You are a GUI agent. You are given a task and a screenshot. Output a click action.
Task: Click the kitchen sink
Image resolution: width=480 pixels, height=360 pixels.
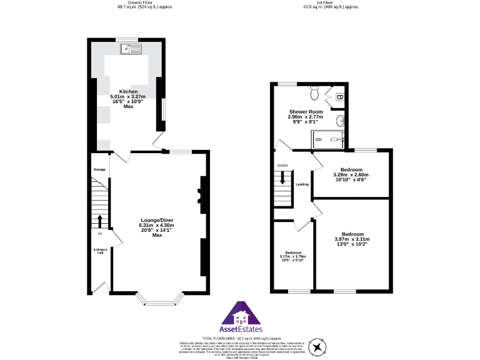point(131,47)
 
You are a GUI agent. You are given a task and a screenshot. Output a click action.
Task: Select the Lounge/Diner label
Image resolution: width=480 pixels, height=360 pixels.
point(156,220)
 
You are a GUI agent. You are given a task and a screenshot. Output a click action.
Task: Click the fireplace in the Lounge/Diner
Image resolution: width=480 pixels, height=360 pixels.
point(200,191)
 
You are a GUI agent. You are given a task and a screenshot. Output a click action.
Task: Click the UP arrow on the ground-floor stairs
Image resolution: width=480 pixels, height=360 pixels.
point(99,222)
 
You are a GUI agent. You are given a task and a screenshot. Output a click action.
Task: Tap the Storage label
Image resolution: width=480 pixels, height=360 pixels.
point(99,170)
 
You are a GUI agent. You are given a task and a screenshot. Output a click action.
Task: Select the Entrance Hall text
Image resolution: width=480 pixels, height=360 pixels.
point(100,252)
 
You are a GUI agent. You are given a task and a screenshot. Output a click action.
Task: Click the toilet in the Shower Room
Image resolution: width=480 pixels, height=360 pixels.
point(316,94)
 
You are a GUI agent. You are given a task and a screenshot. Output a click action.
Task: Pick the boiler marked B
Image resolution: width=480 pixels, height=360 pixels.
point(339,97)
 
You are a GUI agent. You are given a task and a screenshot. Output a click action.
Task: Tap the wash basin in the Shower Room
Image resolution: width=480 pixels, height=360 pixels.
point(340,120)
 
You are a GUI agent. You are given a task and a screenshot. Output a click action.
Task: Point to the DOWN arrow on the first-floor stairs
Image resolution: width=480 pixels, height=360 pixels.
point(283,177)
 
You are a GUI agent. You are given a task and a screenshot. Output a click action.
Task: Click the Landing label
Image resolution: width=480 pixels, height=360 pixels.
point(302,184)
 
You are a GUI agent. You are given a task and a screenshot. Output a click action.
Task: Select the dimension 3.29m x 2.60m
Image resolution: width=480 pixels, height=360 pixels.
point(351,175)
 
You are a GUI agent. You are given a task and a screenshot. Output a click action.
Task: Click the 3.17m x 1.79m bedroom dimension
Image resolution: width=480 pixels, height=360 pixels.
point(292,257)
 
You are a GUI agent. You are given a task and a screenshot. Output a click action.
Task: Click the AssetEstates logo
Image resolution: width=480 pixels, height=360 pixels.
point(240,318)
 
